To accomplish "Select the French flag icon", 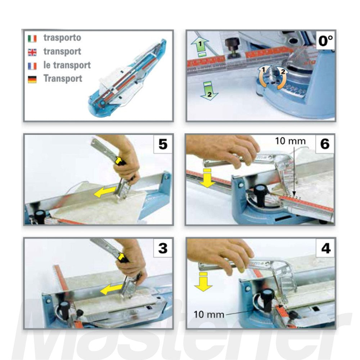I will coord(32,66).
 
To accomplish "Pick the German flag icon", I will coord(32,79).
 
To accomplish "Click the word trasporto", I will coord(62,37).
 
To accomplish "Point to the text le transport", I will coord(67,65).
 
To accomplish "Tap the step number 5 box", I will coord(163,144).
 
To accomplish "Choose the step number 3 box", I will coord(163,248).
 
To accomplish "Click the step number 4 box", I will coord(325,248).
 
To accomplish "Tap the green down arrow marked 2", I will coord(209,91).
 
